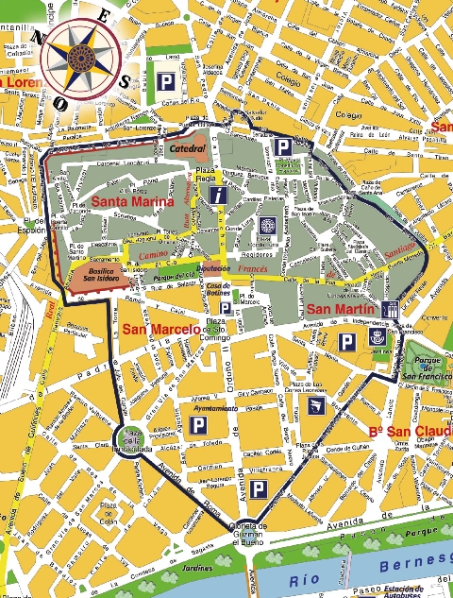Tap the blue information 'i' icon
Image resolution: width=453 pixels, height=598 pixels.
click(x=219, y=196)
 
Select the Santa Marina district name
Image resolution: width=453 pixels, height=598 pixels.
click(x=132, y=202)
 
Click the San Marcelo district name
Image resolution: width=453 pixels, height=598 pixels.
click(x=159, y=329)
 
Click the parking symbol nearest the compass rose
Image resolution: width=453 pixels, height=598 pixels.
click(x=166, y=82)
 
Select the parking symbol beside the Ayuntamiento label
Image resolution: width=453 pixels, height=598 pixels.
click(x=198, y=426)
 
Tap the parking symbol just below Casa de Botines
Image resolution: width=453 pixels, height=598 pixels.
click(x=226, y=308)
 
